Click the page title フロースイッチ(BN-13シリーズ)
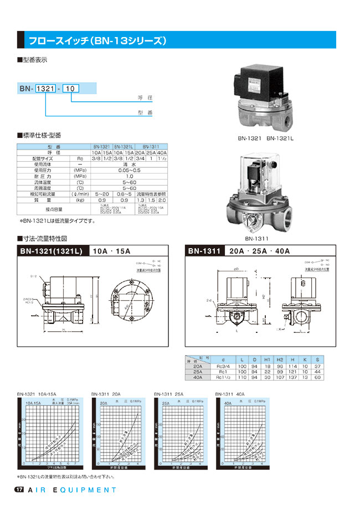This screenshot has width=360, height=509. point(97,41)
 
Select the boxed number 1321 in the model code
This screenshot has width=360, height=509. point(45,88)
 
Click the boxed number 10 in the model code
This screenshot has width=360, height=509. point(70,88)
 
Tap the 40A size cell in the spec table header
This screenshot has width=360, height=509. point(162,152)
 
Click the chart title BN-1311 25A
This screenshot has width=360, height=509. point(168,394)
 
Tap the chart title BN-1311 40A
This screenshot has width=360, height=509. point(232,394)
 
